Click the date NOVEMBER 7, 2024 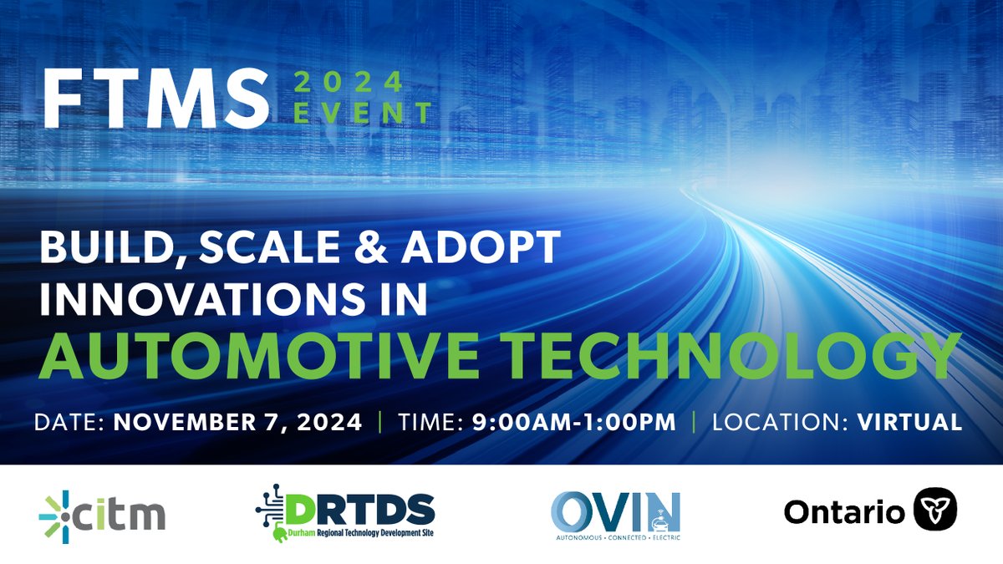pyautogui.click(x=237, y=422)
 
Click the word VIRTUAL pyautogui.click(x=909, y=422)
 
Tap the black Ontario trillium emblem pyautogui.click(x=934, y=510)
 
